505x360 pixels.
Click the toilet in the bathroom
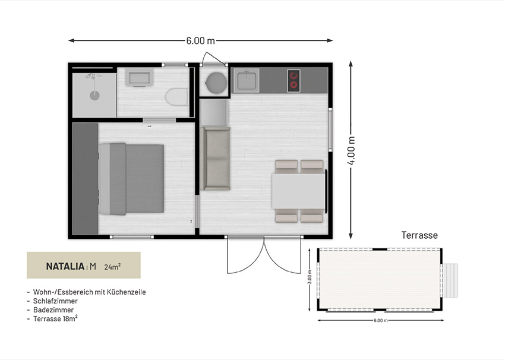[x=177, y=97]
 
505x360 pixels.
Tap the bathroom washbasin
[x=139, y=78]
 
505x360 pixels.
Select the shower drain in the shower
[x=94, y=95]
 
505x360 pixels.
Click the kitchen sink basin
[x=247, y=80]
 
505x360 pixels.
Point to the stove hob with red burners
[x=293, y=81]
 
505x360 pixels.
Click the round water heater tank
[x=216, y=82]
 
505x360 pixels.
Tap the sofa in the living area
[x=216, y=158]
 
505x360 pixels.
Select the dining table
[x=299, y=191]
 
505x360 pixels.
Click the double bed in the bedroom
[x=131, y=179]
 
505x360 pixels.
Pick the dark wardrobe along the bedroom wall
[x=86, y=178]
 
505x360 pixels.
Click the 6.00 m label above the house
[x=200, y=40]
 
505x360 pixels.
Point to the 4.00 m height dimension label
[x=351, y=150]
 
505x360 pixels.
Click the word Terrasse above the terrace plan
[x=419, y=235]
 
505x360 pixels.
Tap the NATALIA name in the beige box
[x=65, y=266]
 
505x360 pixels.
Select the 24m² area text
[x=112, y=266]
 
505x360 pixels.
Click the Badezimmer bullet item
[x=53, y=310]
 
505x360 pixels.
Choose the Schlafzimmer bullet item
[x=55, y=301]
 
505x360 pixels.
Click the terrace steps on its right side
[x=450, y=280]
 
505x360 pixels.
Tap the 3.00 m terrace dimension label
[x=310, y=277]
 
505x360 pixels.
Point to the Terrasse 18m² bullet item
[x=55, y=318]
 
